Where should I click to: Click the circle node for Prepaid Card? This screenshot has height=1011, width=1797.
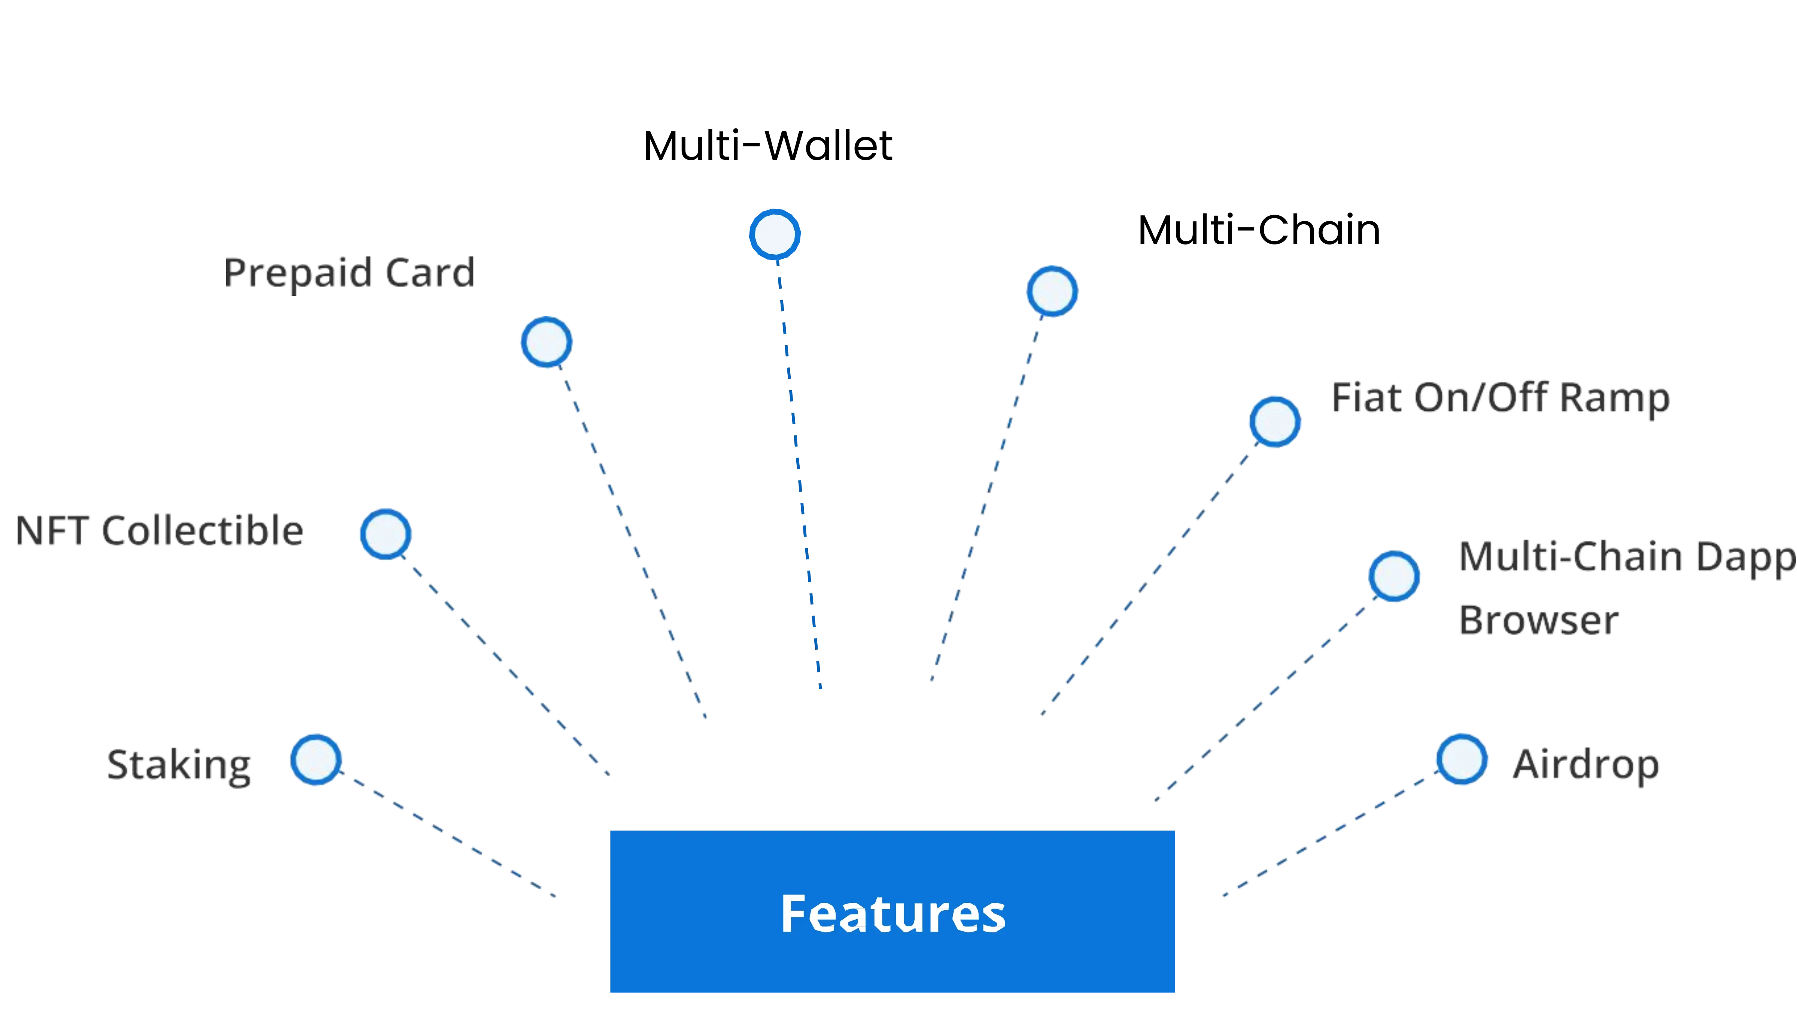pos(546,342)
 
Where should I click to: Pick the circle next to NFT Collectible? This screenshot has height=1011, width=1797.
pos(385,534)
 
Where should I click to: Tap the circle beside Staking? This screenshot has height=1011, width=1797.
pos(316,759)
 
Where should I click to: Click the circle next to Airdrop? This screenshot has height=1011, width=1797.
pos(1462,759)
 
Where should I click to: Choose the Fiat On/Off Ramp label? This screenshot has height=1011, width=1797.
pos(1500,398)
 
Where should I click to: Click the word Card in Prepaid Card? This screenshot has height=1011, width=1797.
pos(429,272)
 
